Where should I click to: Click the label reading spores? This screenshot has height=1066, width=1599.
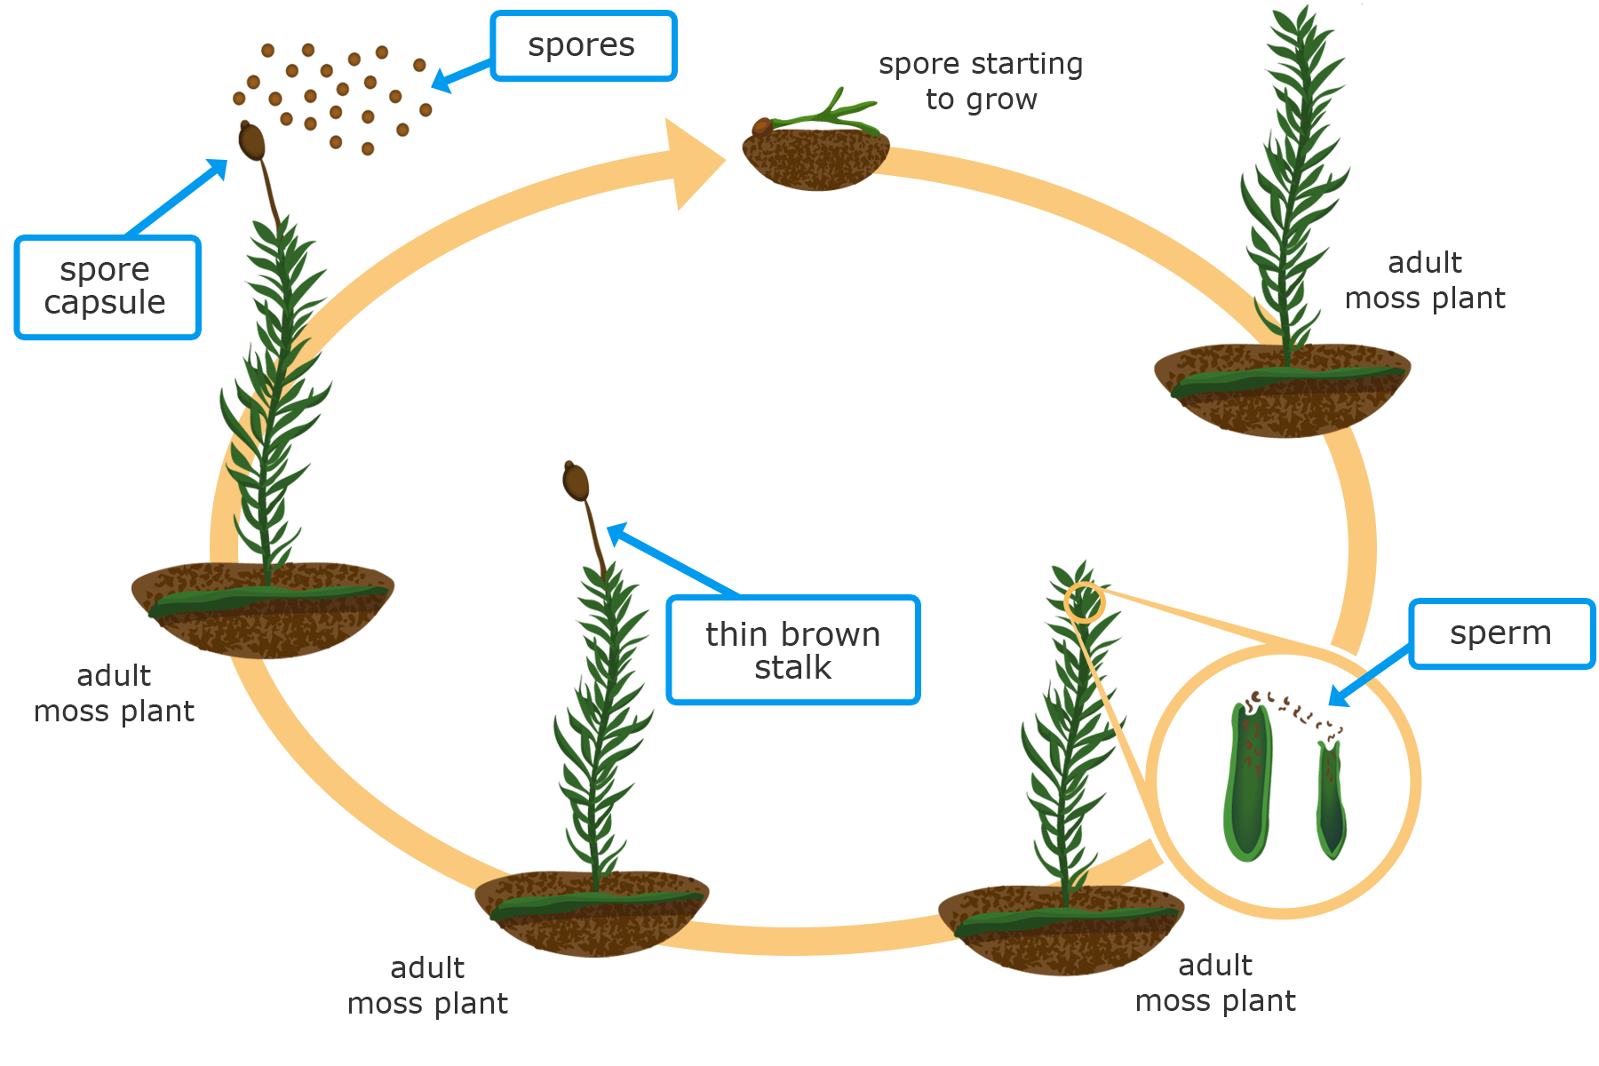pyautogui.click(x=582, y=45)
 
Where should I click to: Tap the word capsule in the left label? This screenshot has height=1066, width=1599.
pyautogui.click(x=105, y=303)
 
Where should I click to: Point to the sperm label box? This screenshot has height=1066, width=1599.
pyautogui.click(x=1500, y=633)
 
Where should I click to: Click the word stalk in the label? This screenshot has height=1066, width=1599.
pyautogui.click(x=792, y=668)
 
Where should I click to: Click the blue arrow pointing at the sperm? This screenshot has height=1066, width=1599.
pyautogui.click(x=1355, y=689)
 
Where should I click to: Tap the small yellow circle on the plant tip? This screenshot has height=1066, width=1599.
pyautogui.click(x=1084, y=602)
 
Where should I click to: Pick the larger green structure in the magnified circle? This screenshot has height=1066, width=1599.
pyautogui.click(x=1248, y=782)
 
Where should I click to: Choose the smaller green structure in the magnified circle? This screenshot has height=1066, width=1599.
pyautogui.click(x=1330, y=799)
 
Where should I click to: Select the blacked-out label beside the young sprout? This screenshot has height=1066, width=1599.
pyautogui.click(x=980, y=84)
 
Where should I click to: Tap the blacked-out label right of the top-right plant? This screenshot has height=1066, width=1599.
pyautogui.click(x=1425, y=282)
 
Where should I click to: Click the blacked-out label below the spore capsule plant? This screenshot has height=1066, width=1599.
pyautogui.click(x=115, y=696)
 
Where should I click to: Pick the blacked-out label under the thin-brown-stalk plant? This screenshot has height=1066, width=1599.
pyautogui.click(x=428, y=988)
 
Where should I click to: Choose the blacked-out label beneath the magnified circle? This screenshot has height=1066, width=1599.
pyautogui.click(x=1216, y=985)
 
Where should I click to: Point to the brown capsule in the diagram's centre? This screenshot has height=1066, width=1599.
pyautogui.click(x=577, y=481)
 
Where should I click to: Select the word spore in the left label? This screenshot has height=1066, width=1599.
pyautogui.click(x=105, y=269)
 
